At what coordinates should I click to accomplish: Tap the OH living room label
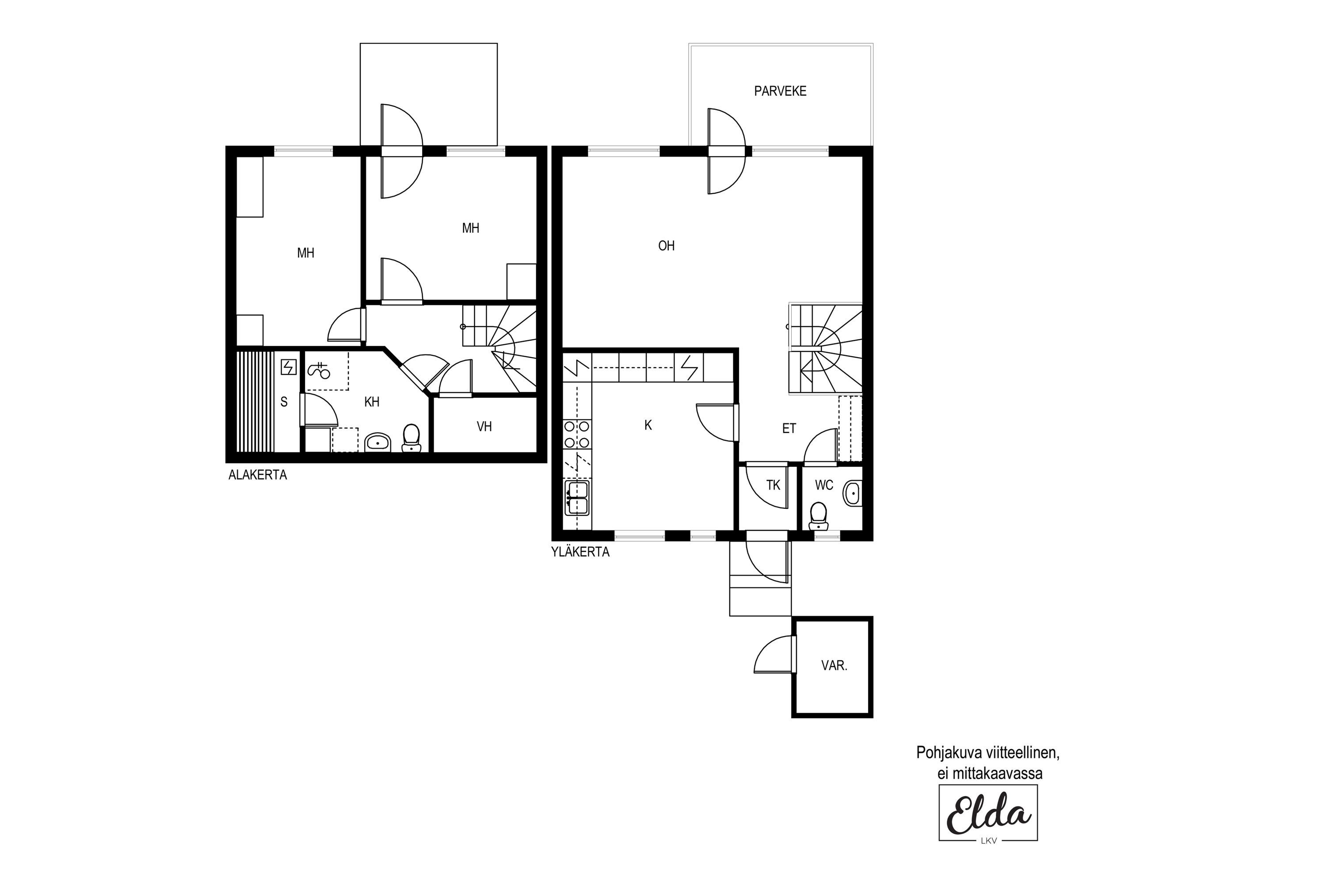click(667, 246)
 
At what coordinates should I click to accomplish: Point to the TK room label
click(773, 485)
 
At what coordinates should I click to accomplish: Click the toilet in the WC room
click(818, 516)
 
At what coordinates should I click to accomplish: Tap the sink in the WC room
click(853, 494)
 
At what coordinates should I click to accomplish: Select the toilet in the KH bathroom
click(411, 438)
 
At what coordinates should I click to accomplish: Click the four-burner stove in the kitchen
click(577, 434)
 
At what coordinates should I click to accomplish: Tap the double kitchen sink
click(577, 498)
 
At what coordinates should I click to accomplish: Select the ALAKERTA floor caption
click(258, 475)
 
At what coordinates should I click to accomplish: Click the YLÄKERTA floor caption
click(580, 552)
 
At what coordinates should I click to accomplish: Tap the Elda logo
click(988, 813)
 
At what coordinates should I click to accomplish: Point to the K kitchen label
click(648, 426)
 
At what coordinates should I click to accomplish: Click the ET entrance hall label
click(789, 428)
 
